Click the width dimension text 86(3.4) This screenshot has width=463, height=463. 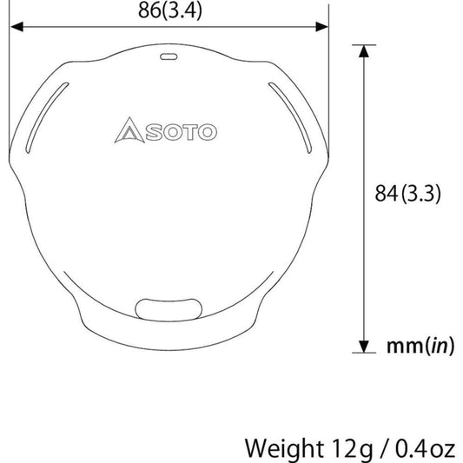(169, 11)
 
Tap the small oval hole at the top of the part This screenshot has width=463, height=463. (169, 56)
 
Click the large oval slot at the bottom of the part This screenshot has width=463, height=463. (168, 308)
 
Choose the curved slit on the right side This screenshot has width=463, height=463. (292, 114)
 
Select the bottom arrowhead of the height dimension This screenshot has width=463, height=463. (362, 345)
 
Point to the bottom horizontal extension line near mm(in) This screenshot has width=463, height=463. (363, 354)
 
